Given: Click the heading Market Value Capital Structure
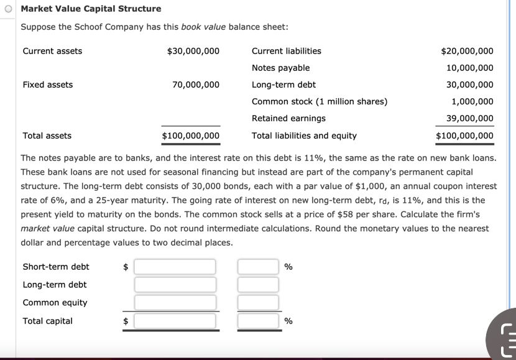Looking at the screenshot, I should pyautogui.click(x=91, y=9).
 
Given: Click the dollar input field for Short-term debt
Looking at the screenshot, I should pyautogui.click(x=175, y=267).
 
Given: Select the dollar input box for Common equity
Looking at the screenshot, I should pyautogui.click(x=175, y=303).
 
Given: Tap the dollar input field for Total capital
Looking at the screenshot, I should pyautogui.click(x=175, y=321).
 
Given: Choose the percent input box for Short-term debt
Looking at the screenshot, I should pyautogui.click(x=258, y=267).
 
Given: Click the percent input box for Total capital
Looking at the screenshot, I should pyautogui.click(x=258, y=321).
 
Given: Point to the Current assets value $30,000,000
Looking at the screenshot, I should pyautogui.click(x=193, y=51).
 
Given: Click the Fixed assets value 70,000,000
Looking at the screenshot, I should pyautogui.click(x=196, y=85).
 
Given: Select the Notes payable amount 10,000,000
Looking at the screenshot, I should pyautogui.click(x=469, y=68).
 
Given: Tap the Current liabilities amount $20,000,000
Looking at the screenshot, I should pyautogui.click(x=467, y=51).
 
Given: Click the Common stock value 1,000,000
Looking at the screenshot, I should pyautogui.click(x=472, y=101).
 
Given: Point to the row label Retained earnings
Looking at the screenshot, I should pyautogui.click(x=288, y=118).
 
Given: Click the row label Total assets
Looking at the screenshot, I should pyautogui.click(x=47, y=136).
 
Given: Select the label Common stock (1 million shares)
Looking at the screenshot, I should pyautogui.click(x=320, y=101).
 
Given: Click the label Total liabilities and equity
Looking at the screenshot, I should pyautogui.click(x=304, y=136).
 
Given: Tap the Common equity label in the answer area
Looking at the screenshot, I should pyautogui.click(x=55, y=303).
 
